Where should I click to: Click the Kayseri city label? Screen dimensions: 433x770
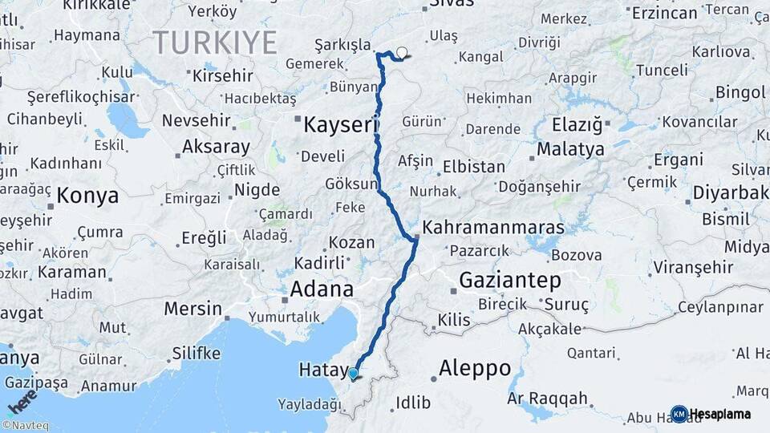(x=341, y=124)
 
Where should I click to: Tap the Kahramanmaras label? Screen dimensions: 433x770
(x=492, y=228)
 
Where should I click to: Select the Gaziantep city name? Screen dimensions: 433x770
(x=510, y=280)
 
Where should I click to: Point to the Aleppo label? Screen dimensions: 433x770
(x=475, y=368)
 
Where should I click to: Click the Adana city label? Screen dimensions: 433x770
(x=322, y=289)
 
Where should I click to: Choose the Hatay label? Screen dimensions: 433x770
(x=321, y=370)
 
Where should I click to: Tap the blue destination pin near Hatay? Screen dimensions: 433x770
(x=353, y=373)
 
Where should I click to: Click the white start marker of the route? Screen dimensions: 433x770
(x=402, y=54)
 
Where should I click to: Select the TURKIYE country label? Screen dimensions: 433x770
(x=215, y=42)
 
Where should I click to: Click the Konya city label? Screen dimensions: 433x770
(x=87, y=196)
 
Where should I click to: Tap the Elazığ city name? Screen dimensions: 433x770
(x=577, y=125)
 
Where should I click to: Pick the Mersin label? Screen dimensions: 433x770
(x=192, y=308)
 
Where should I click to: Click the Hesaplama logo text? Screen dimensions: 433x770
(x=719, y=414)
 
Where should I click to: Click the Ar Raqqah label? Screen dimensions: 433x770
(x=548, y=399)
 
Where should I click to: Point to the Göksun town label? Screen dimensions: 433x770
(x=351, y=184)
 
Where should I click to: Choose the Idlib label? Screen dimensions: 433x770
(x=413, y=403)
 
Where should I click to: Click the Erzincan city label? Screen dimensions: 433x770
(x=664, y=13)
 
